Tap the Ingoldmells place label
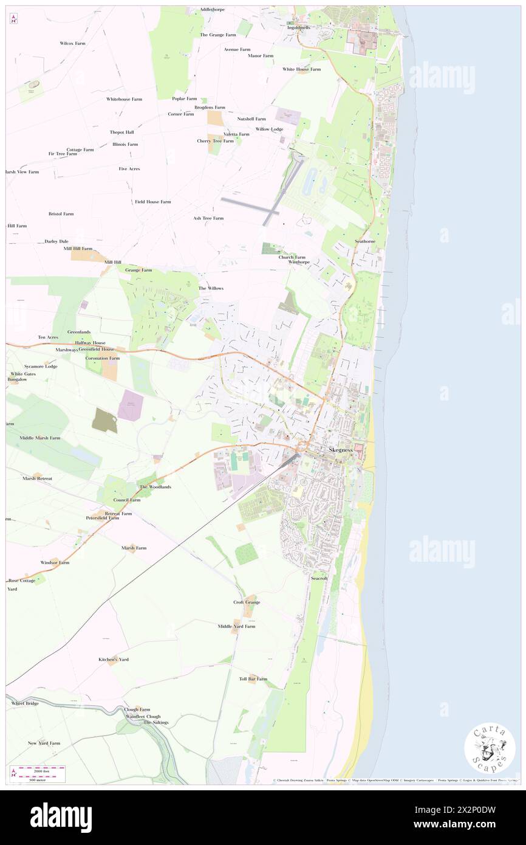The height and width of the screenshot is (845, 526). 299,28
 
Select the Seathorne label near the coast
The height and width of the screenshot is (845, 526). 365,241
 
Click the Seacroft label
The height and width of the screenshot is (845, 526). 319,578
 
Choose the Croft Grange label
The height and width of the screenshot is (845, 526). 247,602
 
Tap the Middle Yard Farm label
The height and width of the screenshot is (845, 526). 236,626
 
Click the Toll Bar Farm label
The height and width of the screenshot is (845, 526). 253,678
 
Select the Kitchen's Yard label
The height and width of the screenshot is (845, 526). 114,659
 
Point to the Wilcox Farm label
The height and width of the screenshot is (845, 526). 72,44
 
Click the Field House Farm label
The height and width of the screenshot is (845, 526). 152,201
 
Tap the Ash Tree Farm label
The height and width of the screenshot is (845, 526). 208,218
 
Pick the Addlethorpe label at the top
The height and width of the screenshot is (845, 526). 212,10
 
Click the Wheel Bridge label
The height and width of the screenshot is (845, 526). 25,703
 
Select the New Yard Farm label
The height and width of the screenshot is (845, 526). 44,743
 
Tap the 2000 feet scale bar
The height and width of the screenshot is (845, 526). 41,770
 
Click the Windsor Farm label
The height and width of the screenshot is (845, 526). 55,562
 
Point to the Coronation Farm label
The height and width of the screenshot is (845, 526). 102,358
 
